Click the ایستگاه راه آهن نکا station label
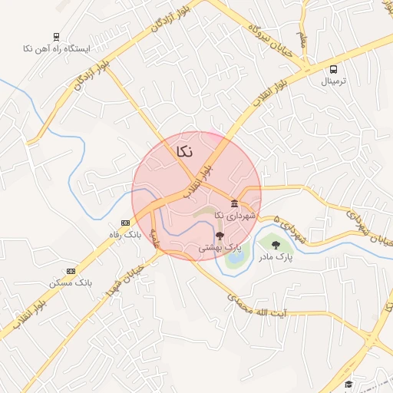tap(56, 48)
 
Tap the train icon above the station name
tap(56, 36)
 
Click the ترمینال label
tap(332, 81)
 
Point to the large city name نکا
tap(184, 151)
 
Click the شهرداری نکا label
tap(234, 216)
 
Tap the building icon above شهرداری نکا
tap(234, 204)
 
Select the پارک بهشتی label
tap(220, 248)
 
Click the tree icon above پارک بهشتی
tap(220, 236)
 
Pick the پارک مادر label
tap(276, 257)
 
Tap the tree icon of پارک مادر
tap(276, 246)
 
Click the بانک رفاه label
tap(125, 233)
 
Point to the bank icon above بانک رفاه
tap(125, 223)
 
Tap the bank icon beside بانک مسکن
tap(71, 270)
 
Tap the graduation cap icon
tap(348, 384)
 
